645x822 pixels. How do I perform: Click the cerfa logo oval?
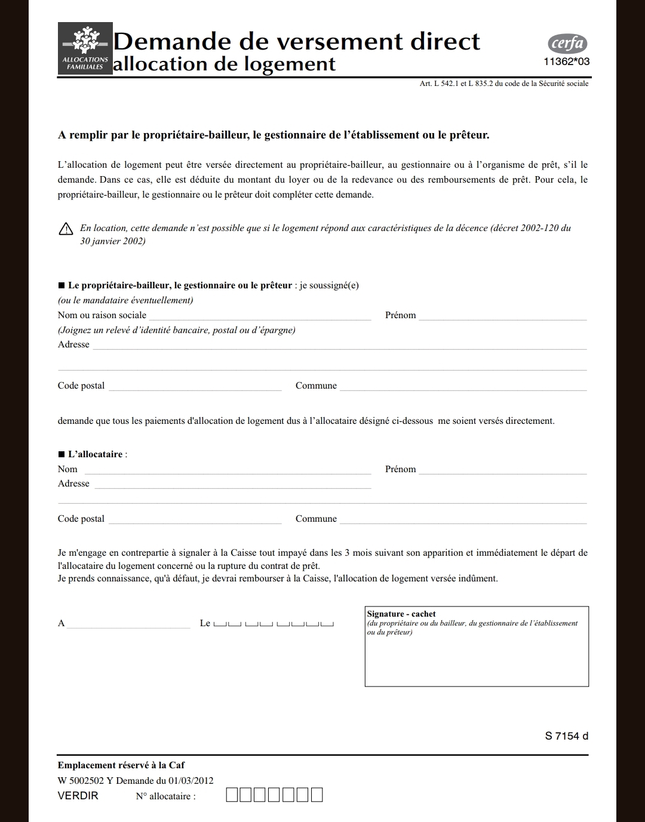point(567,44)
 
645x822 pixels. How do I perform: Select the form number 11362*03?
point(566,61)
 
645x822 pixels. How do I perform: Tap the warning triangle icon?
point(66,229)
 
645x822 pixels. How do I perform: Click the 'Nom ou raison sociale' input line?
point(260,316)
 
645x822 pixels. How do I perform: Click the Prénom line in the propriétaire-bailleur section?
point(502,316)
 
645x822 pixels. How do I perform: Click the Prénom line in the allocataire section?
point(502,470)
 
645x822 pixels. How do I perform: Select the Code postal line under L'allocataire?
point(195,520)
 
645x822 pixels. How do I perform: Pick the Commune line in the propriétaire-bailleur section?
point(463,387)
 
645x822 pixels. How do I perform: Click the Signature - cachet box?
point(477,651)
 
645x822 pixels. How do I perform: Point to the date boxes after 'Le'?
point(274,624)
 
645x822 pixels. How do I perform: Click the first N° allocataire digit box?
point(232,795)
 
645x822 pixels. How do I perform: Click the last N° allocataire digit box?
point(317,795)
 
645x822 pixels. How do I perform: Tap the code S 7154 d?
point(566,736)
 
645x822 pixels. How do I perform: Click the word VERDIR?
point(78,796)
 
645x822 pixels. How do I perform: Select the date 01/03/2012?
point(191,780)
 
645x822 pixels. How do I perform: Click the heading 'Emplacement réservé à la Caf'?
point(121,765)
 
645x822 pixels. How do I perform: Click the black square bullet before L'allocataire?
point(62,454)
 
